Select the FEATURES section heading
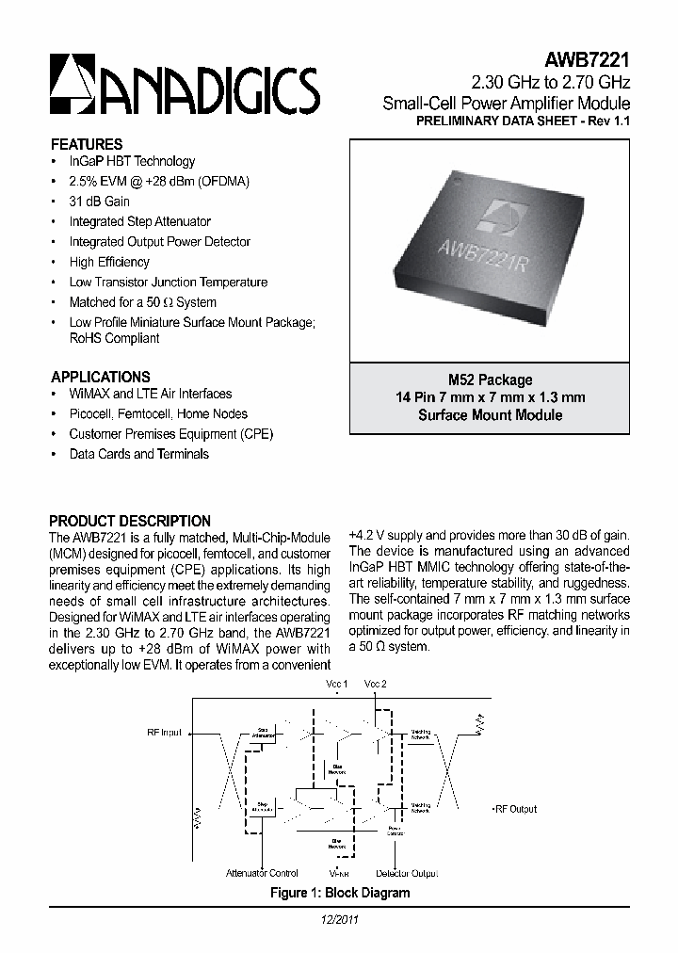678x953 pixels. (86, 144)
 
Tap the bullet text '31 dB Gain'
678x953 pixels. (99, 202)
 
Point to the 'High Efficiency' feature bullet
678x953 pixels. (109, 262)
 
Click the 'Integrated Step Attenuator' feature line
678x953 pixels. (139, 221)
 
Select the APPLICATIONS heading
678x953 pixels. (100, 376)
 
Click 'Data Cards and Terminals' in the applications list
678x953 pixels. (138, 454)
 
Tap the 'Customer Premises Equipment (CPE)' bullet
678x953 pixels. (170, 434)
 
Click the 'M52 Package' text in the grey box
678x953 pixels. (490, 380)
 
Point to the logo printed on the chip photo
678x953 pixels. (491, 215)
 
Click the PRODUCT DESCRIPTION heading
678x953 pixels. (130, 521)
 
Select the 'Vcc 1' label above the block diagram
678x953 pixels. (336, 683)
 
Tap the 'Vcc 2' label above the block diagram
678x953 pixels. (376, 683)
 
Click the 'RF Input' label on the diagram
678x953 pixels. (165, 731)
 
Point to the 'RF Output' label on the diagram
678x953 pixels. (515, 809)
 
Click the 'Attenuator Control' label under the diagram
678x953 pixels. (263, 873)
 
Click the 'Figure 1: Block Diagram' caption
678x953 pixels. (339, 893)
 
